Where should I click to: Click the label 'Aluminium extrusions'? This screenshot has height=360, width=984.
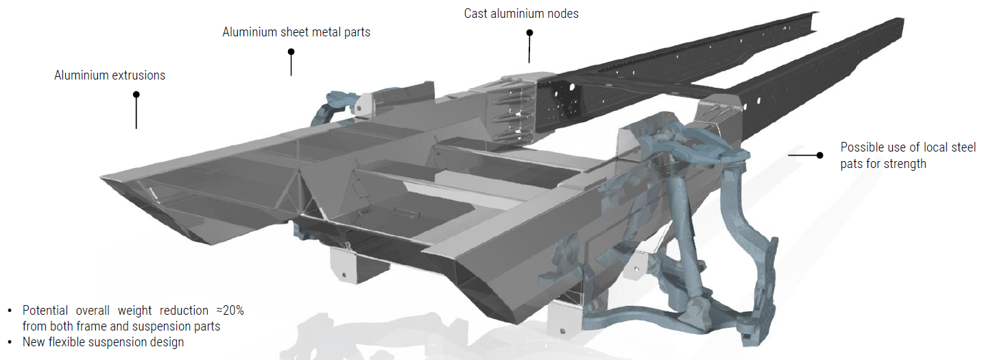110,75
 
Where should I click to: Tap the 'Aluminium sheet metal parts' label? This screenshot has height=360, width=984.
296,32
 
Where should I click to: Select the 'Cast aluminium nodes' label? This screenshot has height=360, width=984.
521,14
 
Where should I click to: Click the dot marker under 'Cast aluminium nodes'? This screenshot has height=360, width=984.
530,32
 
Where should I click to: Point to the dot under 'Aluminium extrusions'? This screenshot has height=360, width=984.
136,95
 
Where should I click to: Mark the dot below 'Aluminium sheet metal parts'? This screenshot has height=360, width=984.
291,52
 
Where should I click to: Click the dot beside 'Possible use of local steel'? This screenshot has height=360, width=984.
819,155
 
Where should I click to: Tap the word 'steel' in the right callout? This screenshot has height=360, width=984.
963,147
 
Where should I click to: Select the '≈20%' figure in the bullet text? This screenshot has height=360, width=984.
230,311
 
